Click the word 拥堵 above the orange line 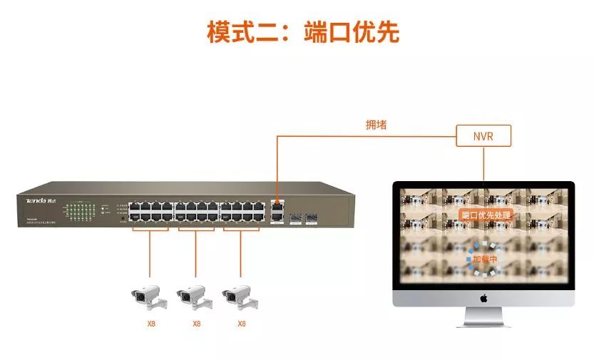coord(376,125)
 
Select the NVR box coord(483,135)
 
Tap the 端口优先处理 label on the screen coord(486,214)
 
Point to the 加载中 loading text coord(484,259)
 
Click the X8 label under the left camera coord(150,324)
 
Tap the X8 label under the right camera coord(241,324)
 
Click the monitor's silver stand coord(483,318)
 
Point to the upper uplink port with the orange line coord(276,203)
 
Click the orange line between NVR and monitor coord(483,164)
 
